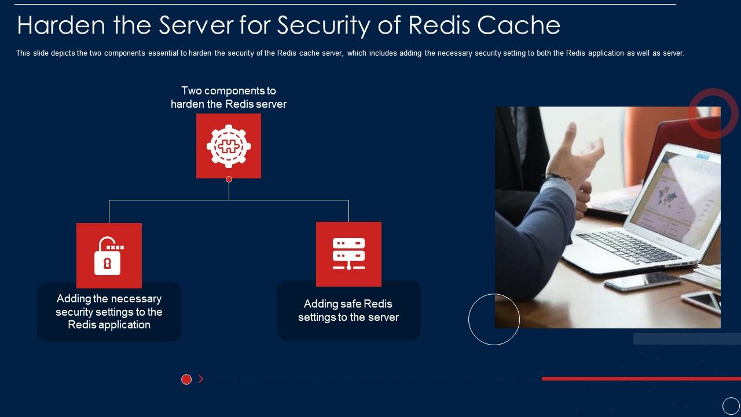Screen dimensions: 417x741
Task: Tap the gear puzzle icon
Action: click(229, 146)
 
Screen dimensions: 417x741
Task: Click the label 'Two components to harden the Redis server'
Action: click(229, 97)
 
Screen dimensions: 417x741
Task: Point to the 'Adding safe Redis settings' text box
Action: click(349, 311)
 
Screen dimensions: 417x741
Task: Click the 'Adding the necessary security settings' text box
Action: click(109, 312)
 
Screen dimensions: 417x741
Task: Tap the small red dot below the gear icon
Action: click(229, 180)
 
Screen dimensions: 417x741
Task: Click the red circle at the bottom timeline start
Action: click(186, 379)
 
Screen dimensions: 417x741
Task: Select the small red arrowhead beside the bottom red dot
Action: click(201, 379)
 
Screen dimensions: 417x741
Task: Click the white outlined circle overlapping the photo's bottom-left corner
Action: click(494, 319)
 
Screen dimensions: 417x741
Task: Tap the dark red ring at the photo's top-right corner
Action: click(713, 114)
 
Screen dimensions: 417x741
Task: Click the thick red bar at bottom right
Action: click(641, 379)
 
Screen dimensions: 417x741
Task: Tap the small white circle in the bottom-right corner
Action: click(731, 406)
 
